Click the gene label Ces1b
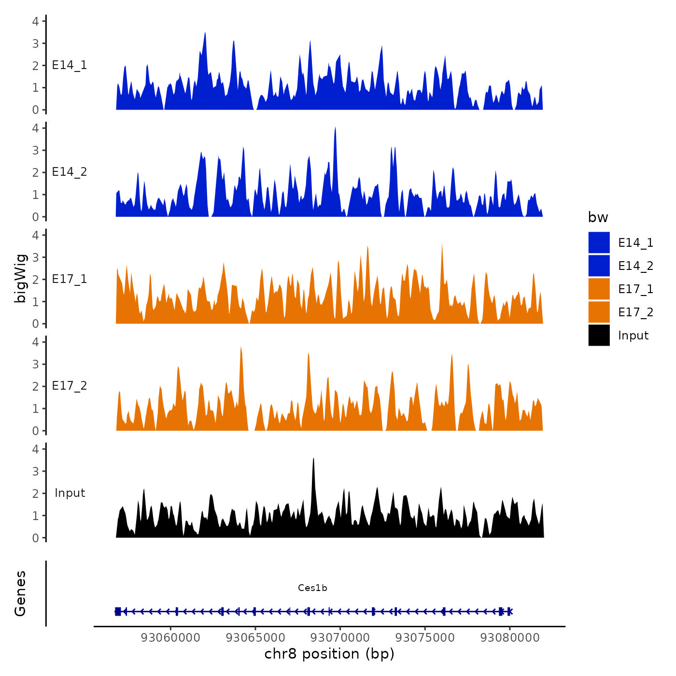pyautogui.click(x=312, y=588)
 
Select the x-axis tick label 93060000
pyautogui.click(x=170, y=637)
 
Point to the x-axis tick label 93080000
pyautogui.click(x=510, y=637)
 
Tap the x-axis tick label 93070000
pyautogui.click(x=340, y=637)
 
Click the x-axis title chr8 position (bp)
pyautogui.click(x=329, y=654)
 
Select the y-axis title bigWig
pyautogui.click(x=20, y=278)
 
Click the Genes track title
pyautogui.click(x=20, y=593)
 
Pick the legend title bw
pyautogui.click(x=598, y=217)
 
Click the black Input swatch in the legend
pyautogui.click(x=599, y=335)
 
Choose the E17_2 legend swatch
pyautogui.click(x=599, y=312)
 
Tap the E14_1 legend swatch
pyautogui.click(x=599, y=242)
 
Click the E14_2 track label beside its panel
pyautogui.click(x=70, y=172)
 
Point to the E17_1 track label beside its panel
pyautogui.click(x=70, y=279)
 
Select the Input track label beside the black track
pyautogui.click(x=70, y=493)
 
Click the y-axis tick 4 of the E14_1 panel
pyautogui.click(x=36, y=21)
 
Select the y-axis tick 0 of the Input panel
pyautogui.click(x=36, y=538)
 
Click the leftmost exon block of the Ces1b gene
pyautogui.click(x=118, y=611)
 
